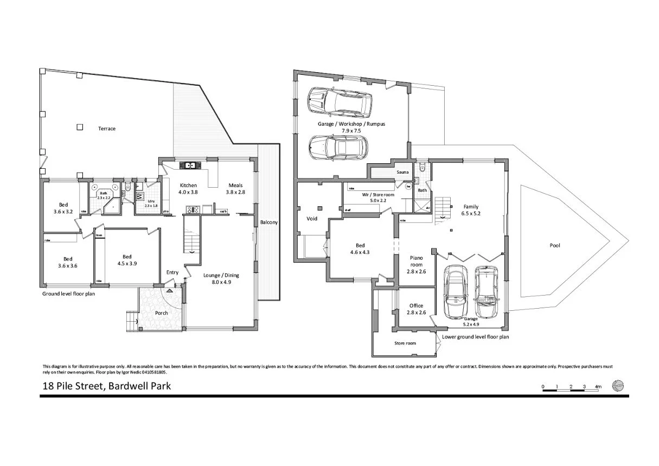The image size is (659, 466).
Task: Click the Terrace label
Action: point(106,129)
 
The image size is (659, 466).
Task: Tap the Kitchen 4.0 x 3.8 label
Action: point(188,189)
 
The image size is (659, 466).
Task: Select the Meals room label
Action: point(235,189)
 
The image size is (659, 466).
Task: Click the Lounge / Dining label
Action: point(221,278)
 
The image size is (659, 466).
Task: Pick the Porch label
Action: point(161,313)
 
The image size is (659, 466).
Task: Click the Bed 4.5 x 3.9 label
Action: point(126,260)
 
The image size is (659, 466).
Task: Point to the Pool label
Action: point(554,246)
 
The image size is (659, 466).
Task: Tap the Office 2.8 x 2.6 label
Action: point(415,309)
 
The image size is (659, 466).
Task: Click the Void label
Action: point(312,219)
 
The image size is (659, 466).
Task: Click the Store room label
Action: point(405,343)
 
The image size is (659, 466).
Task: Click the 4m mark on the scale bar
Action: point(598,387)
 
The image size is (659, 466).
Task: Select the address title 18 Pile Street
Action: point(107,387)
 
